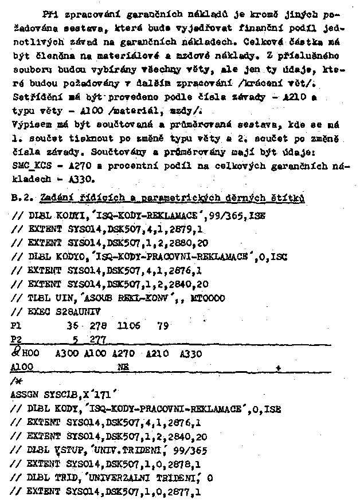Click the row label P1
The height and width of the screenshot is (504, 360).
(x=15, y=325)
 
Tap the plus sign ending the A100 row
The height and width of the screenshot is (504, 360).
(x=278, y=366)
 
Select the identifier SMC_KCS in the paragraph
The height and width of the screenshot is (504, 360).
(x=29, y=165)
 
